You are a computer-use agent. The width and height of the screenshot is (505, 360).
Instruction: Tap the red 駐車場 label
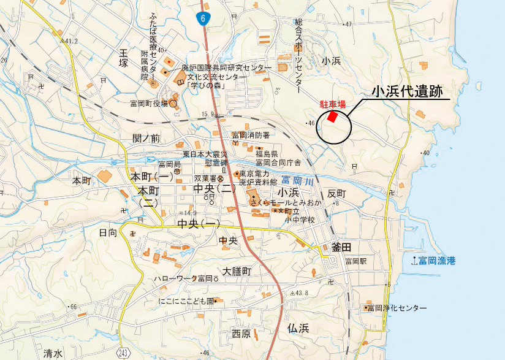point(333,104)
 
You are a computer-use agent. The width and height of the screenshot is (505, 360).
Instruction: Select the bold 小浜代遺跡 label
point(410,91)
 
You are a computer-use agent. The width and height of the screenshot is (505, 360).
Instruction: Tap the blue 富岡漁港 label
point(438,261)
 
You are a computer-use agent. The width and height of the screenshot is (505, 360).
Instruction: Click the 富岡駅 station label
point(355,261)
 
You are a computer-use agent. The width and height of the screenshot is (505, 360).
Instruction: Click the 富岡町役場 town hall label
point(148,104)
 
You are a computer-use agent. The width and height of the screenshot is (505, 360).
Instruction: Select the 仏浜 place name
point(298,329)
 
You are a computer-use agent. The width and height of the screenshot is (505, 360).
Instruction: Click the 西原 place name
point(241,334)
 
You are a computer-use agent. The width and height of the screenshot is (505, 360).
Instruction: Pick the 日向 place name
point(108,232)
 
